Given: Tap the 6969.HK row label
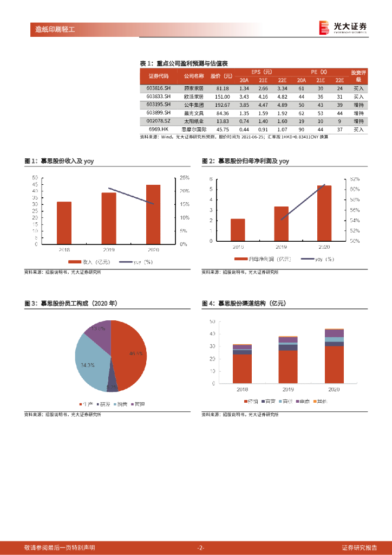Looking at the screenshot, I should (159, 130).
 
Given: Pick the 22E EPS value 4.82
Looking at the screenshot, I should (282, 96).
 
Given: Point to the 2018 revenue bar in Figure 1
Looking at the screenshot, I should (64, 223).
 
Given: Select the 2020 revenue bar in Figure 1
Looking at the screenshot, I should (153, 214).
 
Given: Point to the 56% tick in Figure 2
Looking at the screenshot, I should (354, 210).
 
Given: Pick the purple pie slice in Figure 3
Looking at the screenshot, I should (97, 332).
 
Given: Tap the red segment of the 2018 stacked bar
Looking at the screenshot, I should (242, 369).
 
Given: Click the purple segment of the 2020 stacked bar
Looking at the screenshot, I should (334, 333).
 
